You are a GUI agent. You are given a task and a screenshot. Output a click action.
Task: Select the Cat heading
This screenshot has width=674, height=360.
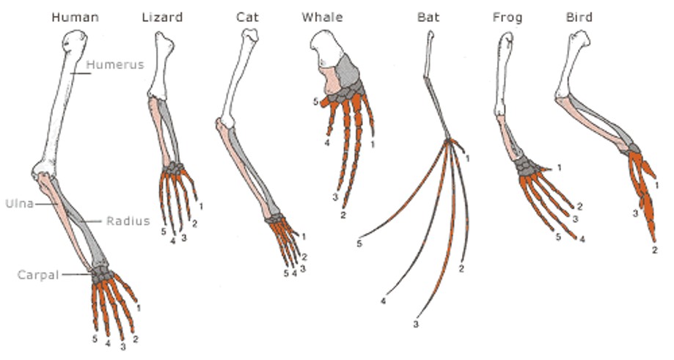(x=246, y=16)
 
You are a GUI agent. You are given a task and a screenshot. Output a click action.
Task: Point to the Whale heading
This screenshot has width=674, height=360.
(x=322, y=16)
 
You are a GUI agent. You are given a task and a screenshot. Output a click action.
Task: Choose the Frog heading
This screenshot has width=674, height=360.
(x=508, y=16)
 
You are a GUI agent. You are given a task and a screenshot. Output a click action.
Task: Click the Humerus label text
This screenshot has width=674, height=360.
(x=115, y=65)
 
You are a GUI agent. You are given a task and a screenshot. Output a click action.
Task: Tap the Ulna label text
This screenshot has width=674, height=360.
(x=19, y=203)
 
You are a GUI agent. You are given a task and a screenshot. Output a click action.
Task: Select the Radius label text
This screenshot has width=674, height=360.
(x=128, y=221)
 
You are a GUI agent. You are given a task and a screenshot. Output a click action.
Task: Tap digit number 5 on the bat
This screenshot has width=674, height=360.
(x=360, y=242)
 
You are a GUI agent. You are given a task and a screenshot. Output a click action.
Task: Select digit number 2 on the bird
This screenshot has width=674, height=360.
(x=653, y=251)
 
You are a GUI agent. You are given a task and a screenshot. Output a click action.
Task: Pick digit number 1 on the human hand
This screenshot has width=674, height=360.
(x=140, y=298)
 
